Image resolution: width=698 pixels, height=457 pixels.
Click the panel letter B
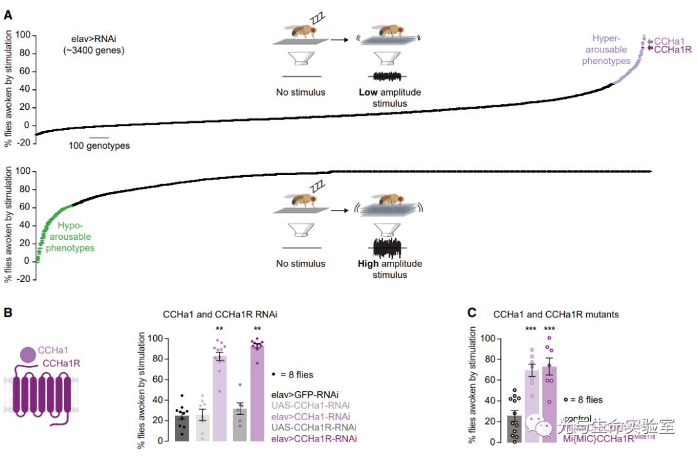coord(8,312)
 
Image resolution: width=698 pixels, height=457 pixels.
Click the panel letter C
coord(472,313)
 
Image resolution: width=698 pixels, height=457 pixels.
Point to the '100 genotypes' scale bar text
coord(99,146)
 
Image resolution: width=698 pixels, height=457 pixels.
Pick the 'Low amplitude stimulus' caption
coord(390,98)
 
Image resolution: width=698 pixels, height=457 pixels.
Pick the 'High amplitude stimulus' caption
coord(390,269)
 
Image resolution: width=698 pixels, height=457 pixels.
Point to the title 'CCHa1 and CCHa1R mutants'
coord(556,315)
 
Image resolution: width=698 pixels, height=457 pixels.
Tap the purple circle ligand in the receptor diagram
coord(27,355)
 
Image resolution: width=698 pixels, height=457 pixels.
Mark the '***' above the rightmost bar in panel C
coord(550,329)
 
